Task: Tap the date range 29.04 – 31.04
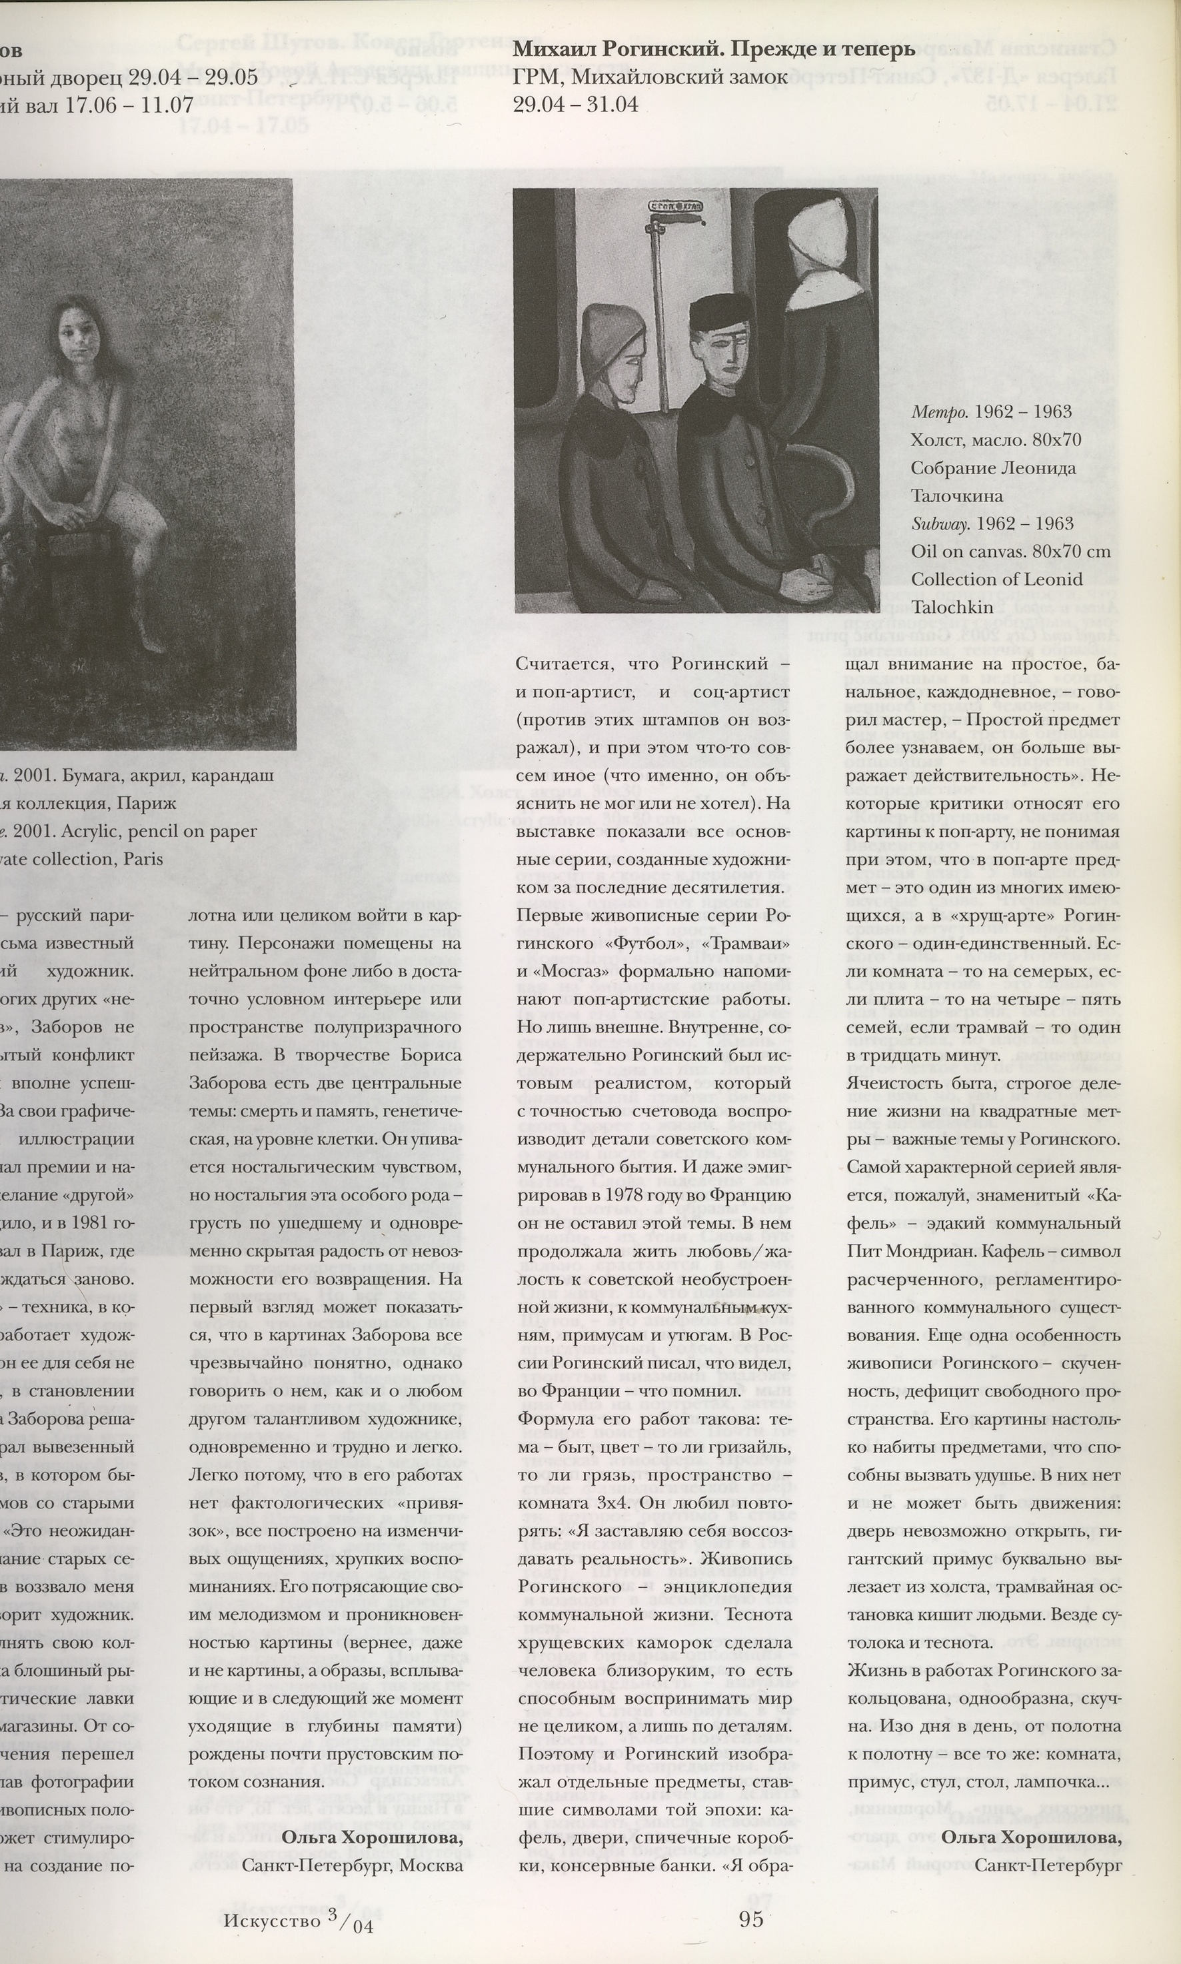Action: coord(577,104)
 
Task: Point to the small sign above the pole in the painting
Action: coord(669,205)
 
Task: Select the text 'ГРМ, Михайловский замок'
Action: coord(650,77)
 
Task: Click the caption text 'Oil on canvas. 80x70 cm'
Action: coord(1010,552)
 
